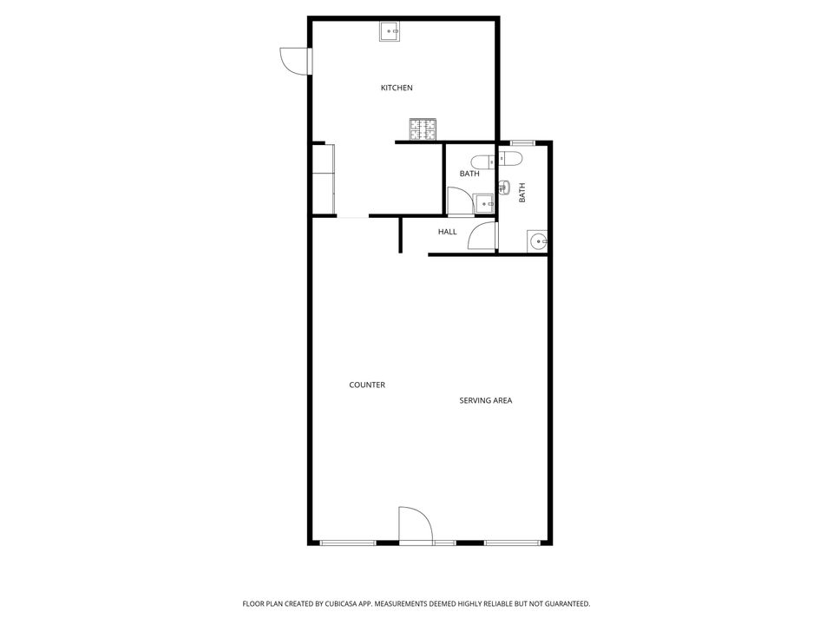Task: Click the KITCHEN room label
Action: (397, 88)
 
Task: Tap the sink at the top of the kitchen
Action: (390, 31)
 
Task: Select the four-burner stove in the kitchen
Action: (423, 129)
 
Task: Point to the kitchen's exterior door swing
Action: (294, 61)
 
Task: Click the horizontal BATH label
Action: (469, 174)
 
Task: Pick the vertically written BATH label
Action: (521, 193)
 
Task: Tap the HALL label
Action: (448, 232)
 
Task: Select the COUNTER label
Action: (367, 385)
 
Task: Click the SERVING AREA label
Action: (486, 400)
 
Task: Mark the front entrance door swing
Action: (416, 525)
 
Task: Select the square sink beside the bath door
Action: (483, 204)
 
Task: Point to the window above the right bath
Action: (522, 142)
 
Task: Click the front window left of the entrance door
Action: (348, 543)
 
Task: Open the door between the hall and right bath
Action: (482, 235)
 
